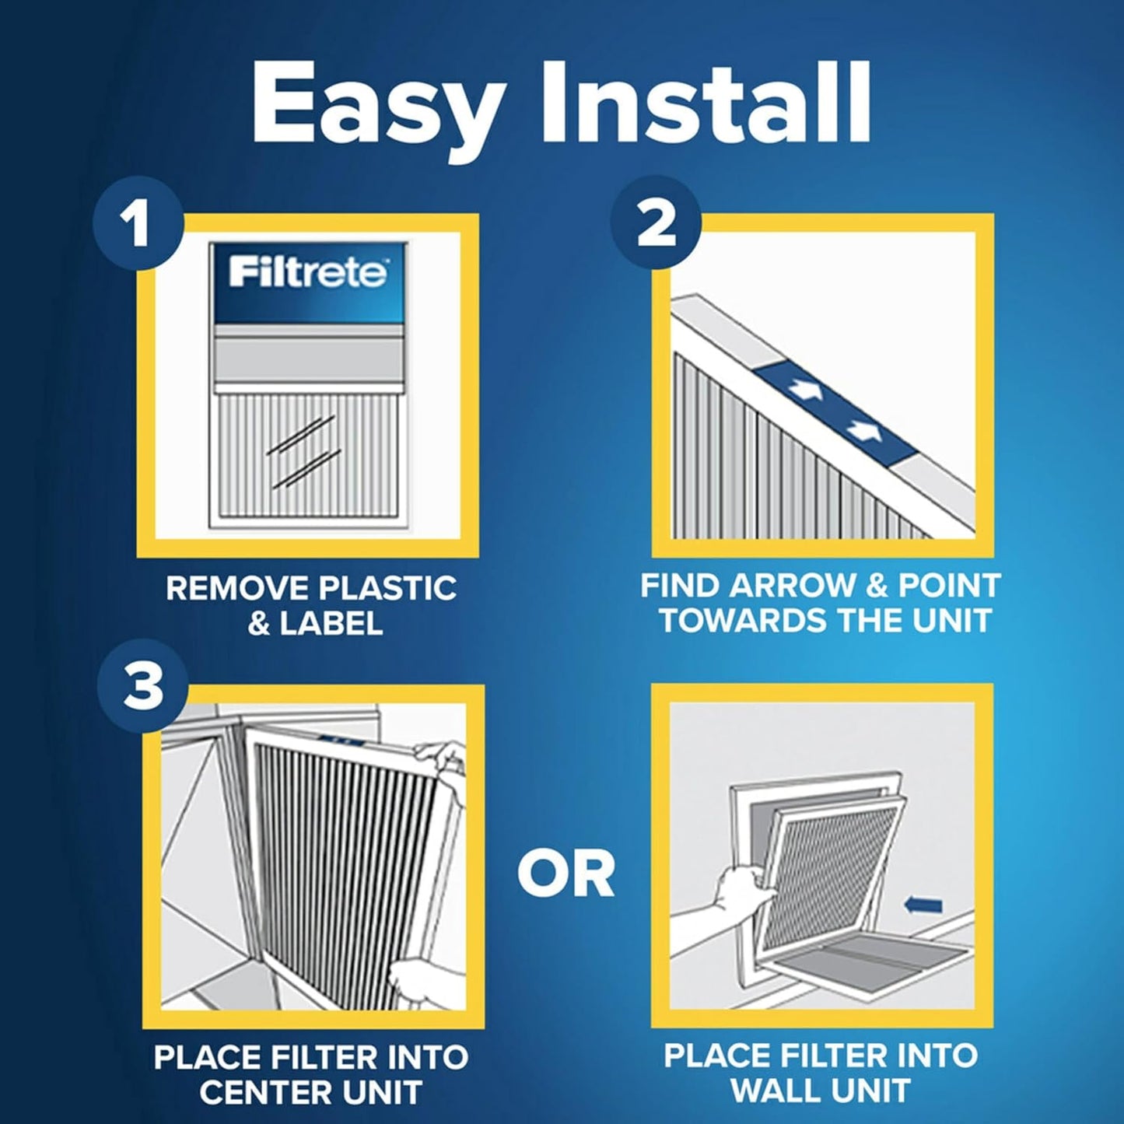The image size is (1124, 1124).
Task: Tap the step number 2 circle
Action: click(x=656, y=224)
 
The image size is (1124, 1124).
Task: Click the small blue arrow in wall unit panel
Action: click(x=924, y=905)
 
